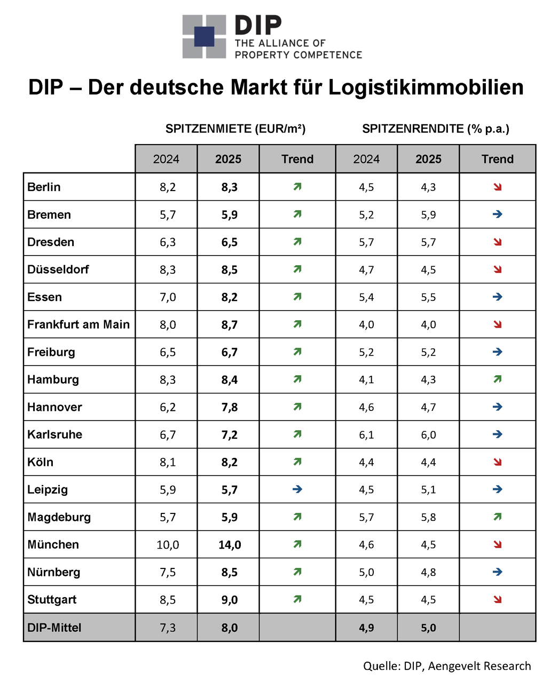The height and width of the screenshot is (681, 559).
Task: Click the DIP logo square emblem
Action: pyautogui.click(x=204, y=37)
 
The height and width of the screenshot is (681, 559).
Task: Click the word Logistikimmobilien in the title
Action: pyautogui.click(x=426, y=88)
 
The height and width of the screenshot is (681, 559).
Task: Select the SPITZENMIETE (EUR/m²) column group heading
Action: pyautogui.click(x=235, y=129)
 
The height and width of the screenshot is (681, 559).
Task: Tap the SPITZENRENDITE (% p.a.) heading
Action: pyautogui.click(x=436, y=129)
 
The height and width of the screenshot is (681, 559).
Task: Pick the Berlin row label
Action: pyautogui.click(x=44, y=187)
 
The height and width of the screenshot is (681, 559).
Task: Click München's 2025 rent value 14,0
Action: pyautogui.click(x=230, y=545)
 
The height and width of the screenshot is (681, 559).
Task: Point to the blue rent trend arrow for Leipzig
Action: pyautogui.click(x=297, y=489)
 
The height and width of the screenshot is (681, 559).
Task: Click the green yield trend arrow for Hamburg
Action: pyautogui.click(x=498, y=379)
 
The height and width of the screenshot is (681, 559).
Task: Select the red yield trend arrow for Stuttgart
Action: pyautogui.click(x=498, y=599)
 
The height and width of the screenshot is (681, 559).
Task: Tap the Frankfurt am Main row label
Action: pyautogui.click(x=78, y=324)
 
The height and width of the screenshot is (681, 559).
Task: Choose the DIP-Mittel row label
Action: pyautogui.click(x=54, y=628)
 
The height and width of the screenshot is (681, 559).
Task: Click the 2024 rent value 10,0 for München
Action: pyautogui.click(x=168, y=545)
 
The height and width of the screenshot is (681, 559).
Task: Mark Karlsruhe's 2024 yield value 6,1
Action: pyautogui.click(x=366, y=435)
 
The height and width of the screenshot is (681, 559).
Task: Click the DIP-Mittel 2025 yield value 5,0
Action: pyautogui.click(x=428, y=628)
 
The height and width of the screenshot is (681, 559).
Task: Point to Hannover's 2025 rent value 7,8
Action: pyautogui.click(x=230, y=407)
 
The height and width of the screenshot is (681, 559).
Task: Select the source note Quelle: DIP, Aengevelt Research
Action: pyautogui.click(x=447, y=666)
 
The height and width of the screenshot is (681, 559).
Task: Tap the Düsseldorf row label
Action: pyautogui.click(x=58, y=270)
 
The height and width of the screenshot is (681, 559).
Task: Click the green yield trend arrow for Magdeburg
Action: pyautogui.click(x=498, y=517)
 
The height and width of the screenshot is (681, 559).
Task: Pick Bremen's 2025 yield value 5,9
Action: pyautogui.click(x=428, y=215)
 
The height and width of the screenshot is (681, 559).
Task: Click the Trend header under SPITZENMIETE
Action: pyautogui.click(x=297, y=159)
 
